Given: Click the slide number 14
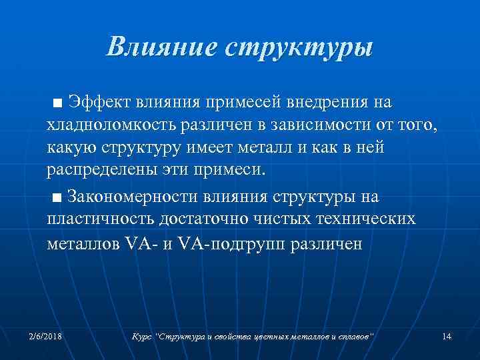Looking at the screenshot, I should pos(447,337).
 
